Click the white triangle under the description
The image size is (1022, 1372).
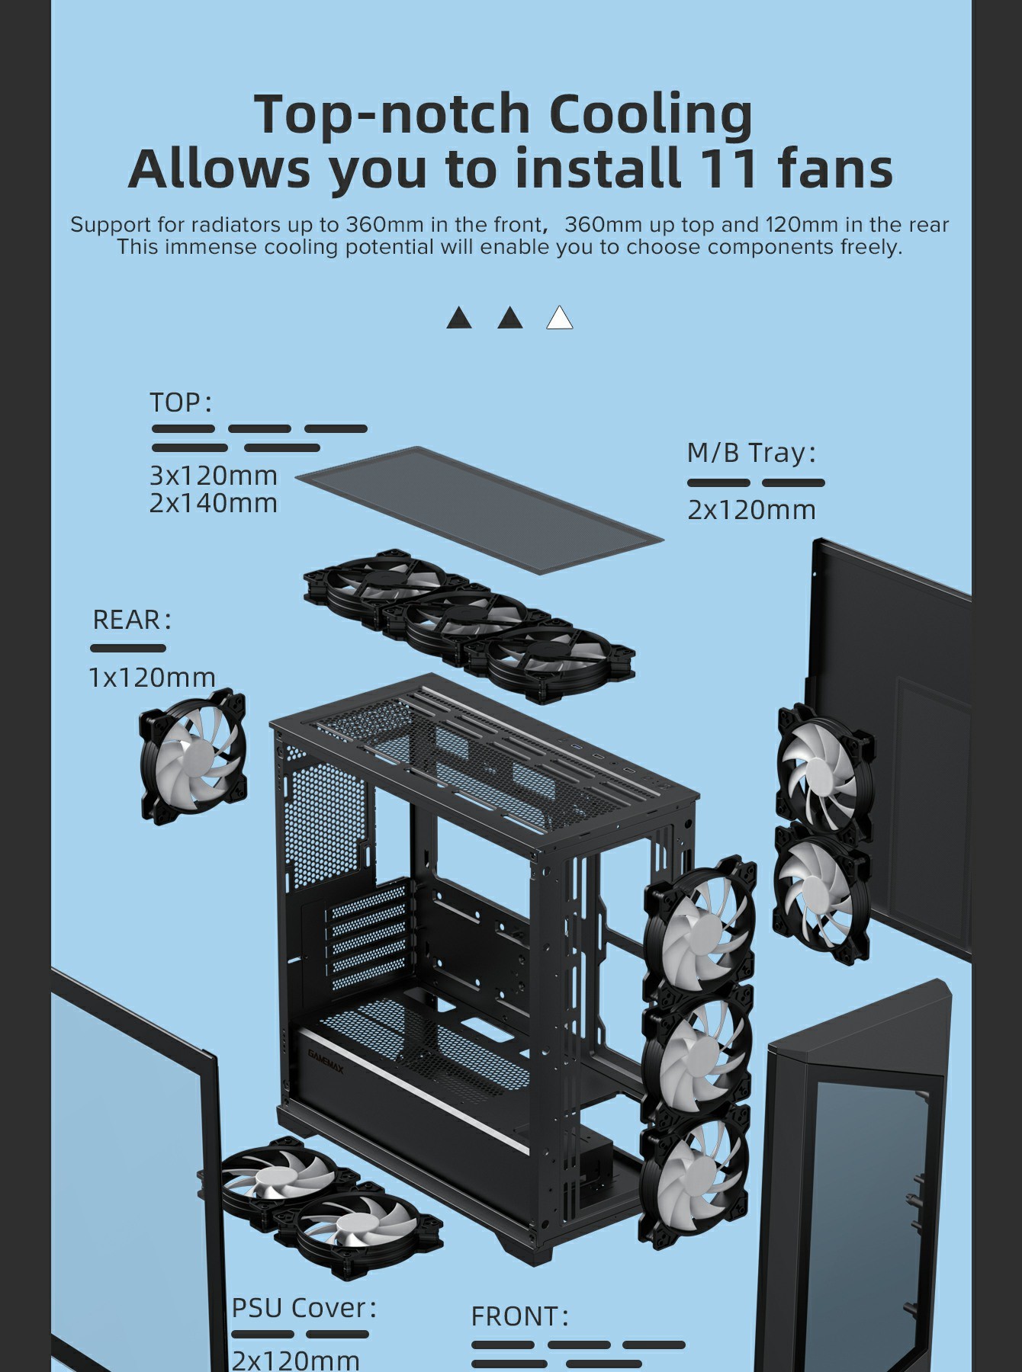pyautogui.click(x=560, y=318)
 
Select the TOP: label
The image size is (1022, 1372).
pyautogui.click(x=180, y=402)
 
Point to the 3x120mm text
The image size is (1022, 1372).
pyautogui.click(x=214, y=476)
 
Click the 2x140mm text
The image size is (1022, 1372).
pyautogui.click(x=214, y=503)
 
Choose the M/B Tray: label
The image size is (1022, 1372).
pyautogui.click(x=751, y=453)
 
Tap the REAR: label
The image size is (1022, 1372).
pyautogui.click(x=131, y=620)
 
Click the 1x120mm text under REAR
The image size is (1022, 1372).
pyautogui.click(x=153, y=677)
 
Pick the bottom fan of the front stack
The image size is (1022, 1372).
pyautogui.click(x=695, y=1175)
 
